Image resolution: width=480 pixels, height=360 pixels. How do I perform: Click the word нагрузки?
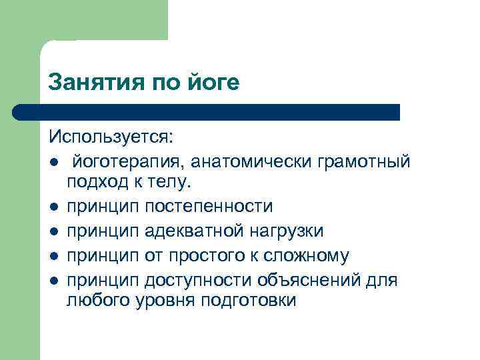(287, 231)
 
